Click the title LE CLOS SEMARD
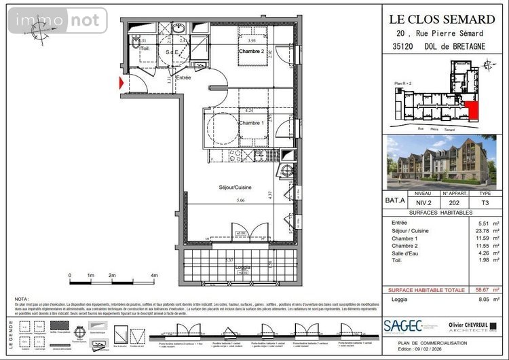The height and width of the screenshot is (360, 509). click(441, 19)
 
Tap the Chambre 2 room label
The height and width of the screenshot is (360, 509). click(251, 52)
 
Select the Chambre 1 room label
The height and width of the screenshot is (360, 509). click(251, 122)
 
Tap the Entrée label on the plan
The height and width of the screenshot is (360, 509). click(184, 78)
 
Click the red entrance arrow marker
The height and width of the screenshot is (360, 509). click(121, 84)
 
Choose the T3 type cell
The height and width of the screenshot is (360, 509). click(485, 202)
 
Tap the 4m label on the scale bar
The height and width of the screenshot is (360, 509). click(154, 275)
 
